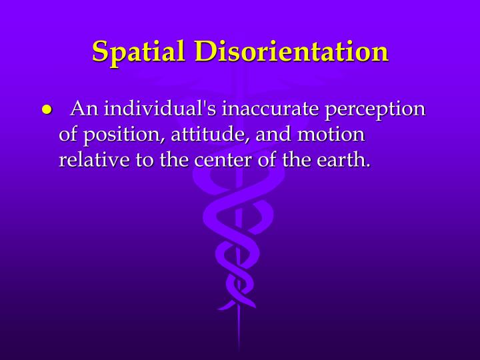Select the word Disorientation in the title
[291, 51]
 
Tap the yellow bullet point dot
[47, 110]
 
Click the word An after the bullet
[85, 108]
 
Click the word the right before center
[174, 160]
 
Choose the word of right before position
[68, 134]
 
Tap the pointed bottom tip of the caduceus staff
[239, 350]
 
